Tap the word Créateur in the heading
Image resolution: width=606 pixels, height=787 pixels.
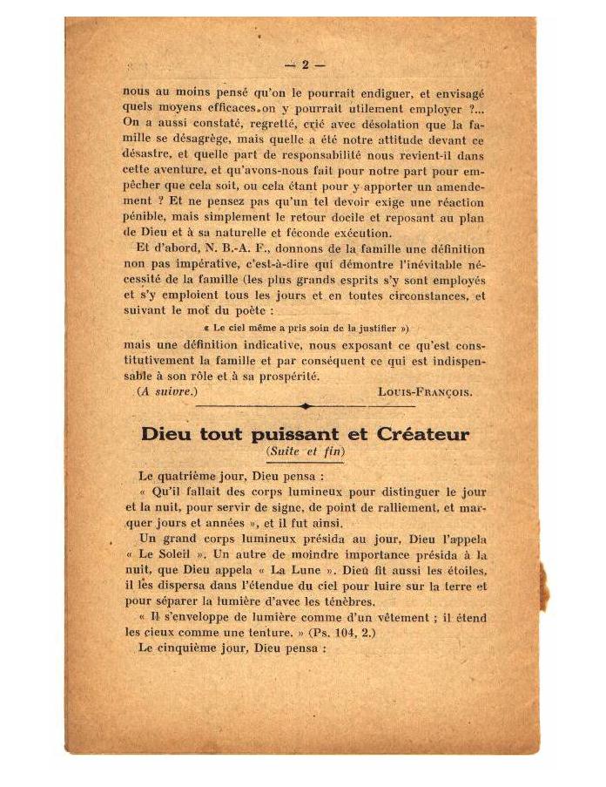(423, 434)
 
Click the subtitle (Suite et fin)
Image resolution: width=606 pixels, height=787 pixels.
(305, 451)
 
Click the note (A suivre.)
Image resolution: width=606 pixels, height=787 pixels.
(167, 391)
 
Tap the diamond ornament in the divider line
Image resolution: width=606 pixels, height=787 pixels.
(305, 406)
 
